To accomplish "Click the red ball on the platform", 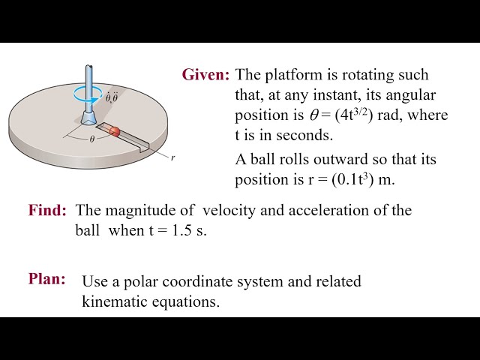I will point(115,131).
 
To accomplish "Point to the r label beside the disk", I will point(172,158).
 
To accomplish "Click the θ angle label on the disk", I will point(92,139).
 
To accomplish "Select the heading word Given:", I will point(205,75).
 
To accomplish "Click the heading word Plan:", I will point(47,279).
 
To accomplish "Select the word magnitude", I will point(137,211).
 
